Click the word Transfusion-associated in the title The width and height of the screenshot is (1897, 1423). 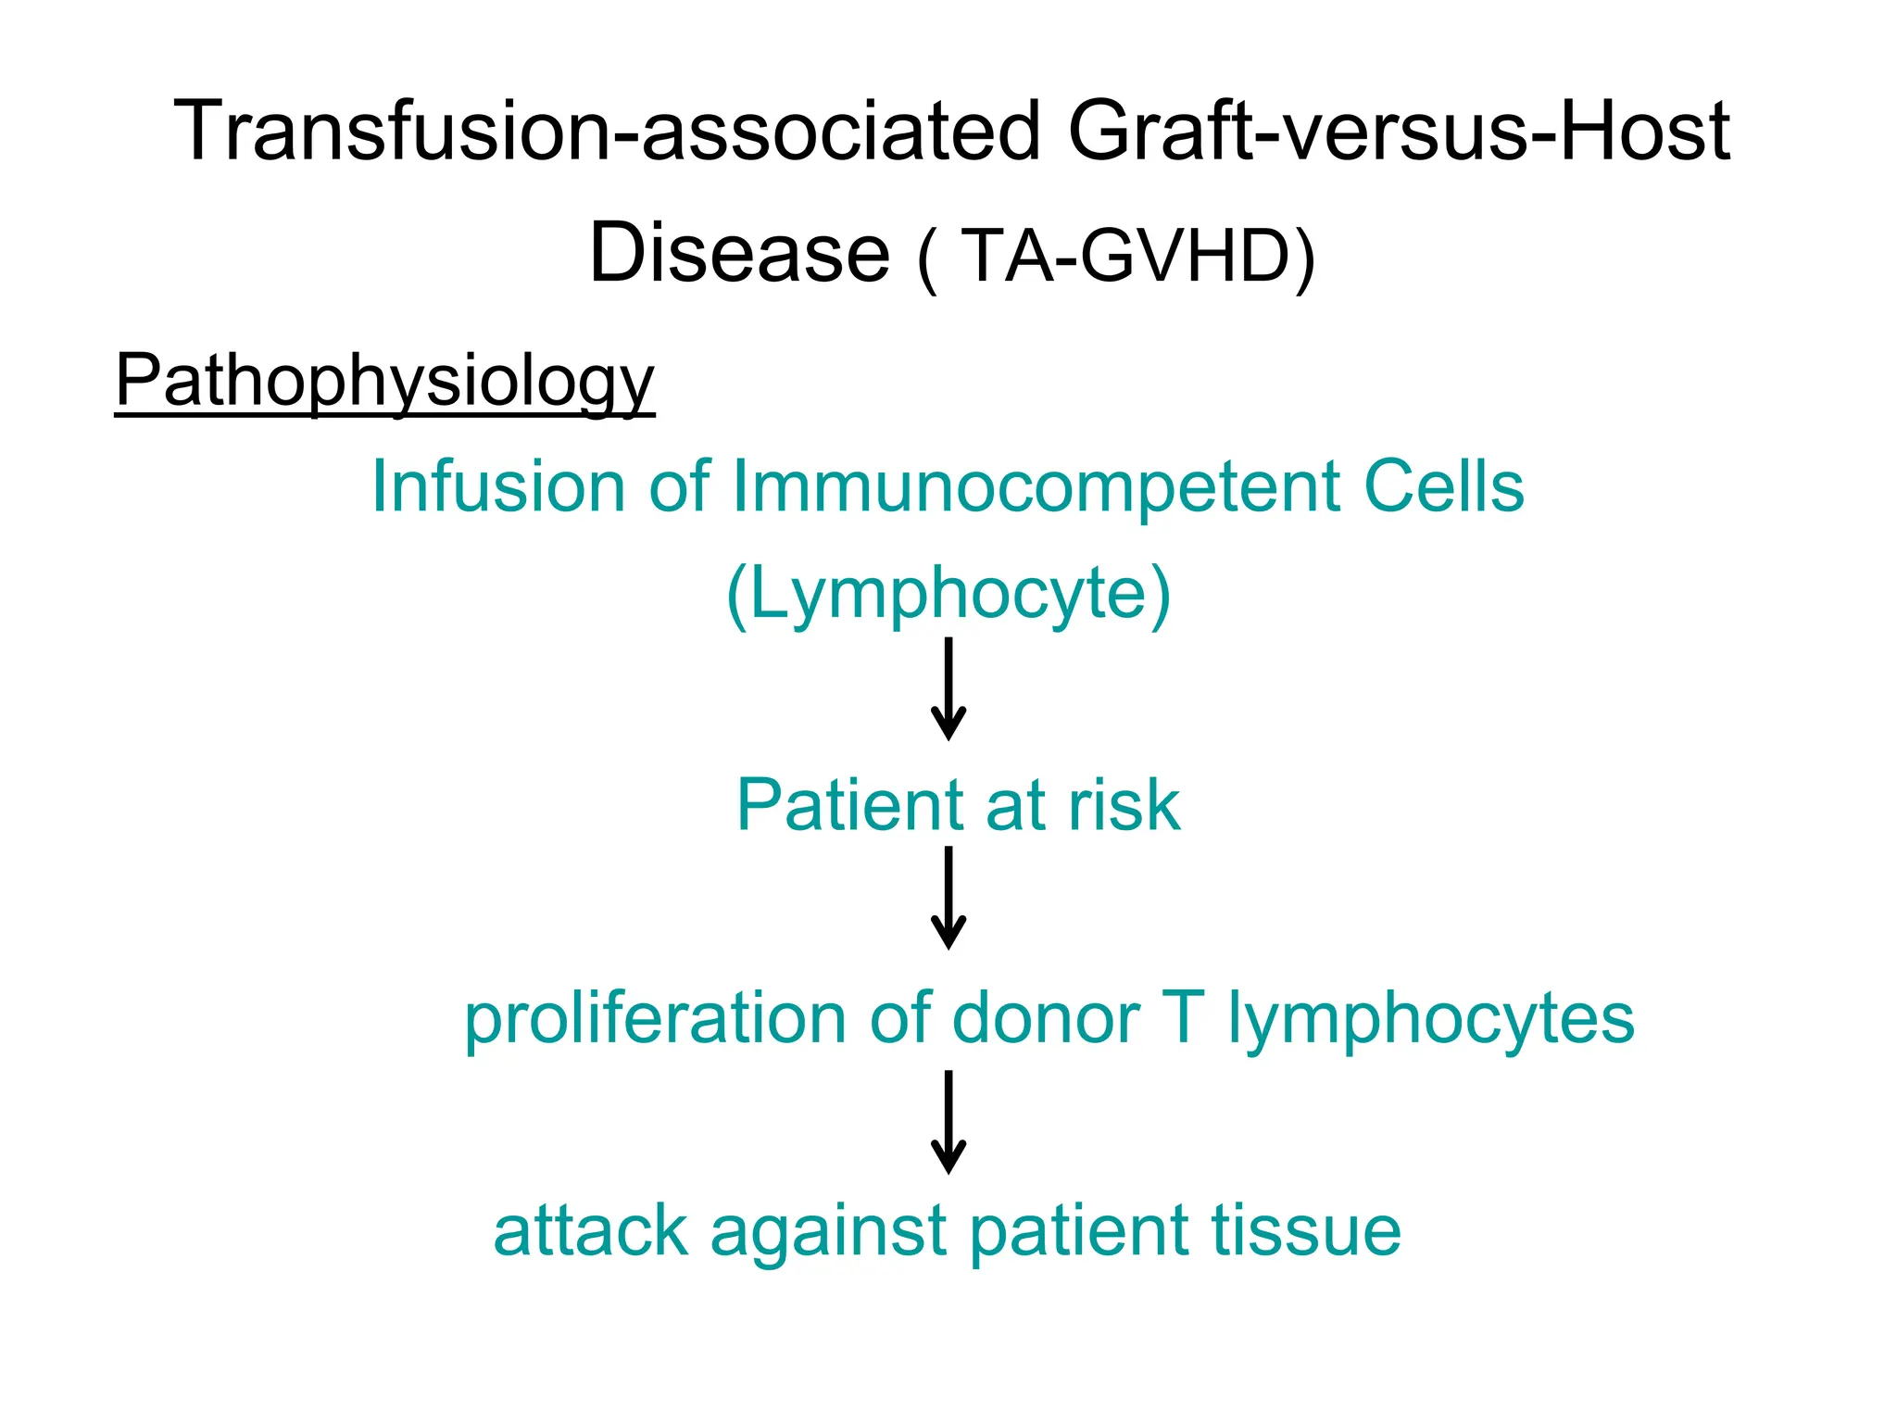coord(607,132)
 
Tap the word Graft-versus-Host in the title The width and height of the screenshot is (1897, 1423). coord(1399,132)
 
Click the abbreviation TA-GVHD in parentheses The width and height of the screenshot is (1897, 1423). coord(1126,256)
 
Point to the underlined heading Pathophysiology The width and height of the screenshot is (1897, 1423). coord(384,382)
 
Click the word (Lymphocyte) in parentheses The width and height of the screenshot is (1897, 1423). coord(948,595)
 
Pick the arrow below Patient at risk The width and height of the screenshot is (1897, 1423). coord(948,898)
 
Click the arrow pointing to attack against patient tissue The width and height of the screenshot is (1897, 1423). coord(948,1122)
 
